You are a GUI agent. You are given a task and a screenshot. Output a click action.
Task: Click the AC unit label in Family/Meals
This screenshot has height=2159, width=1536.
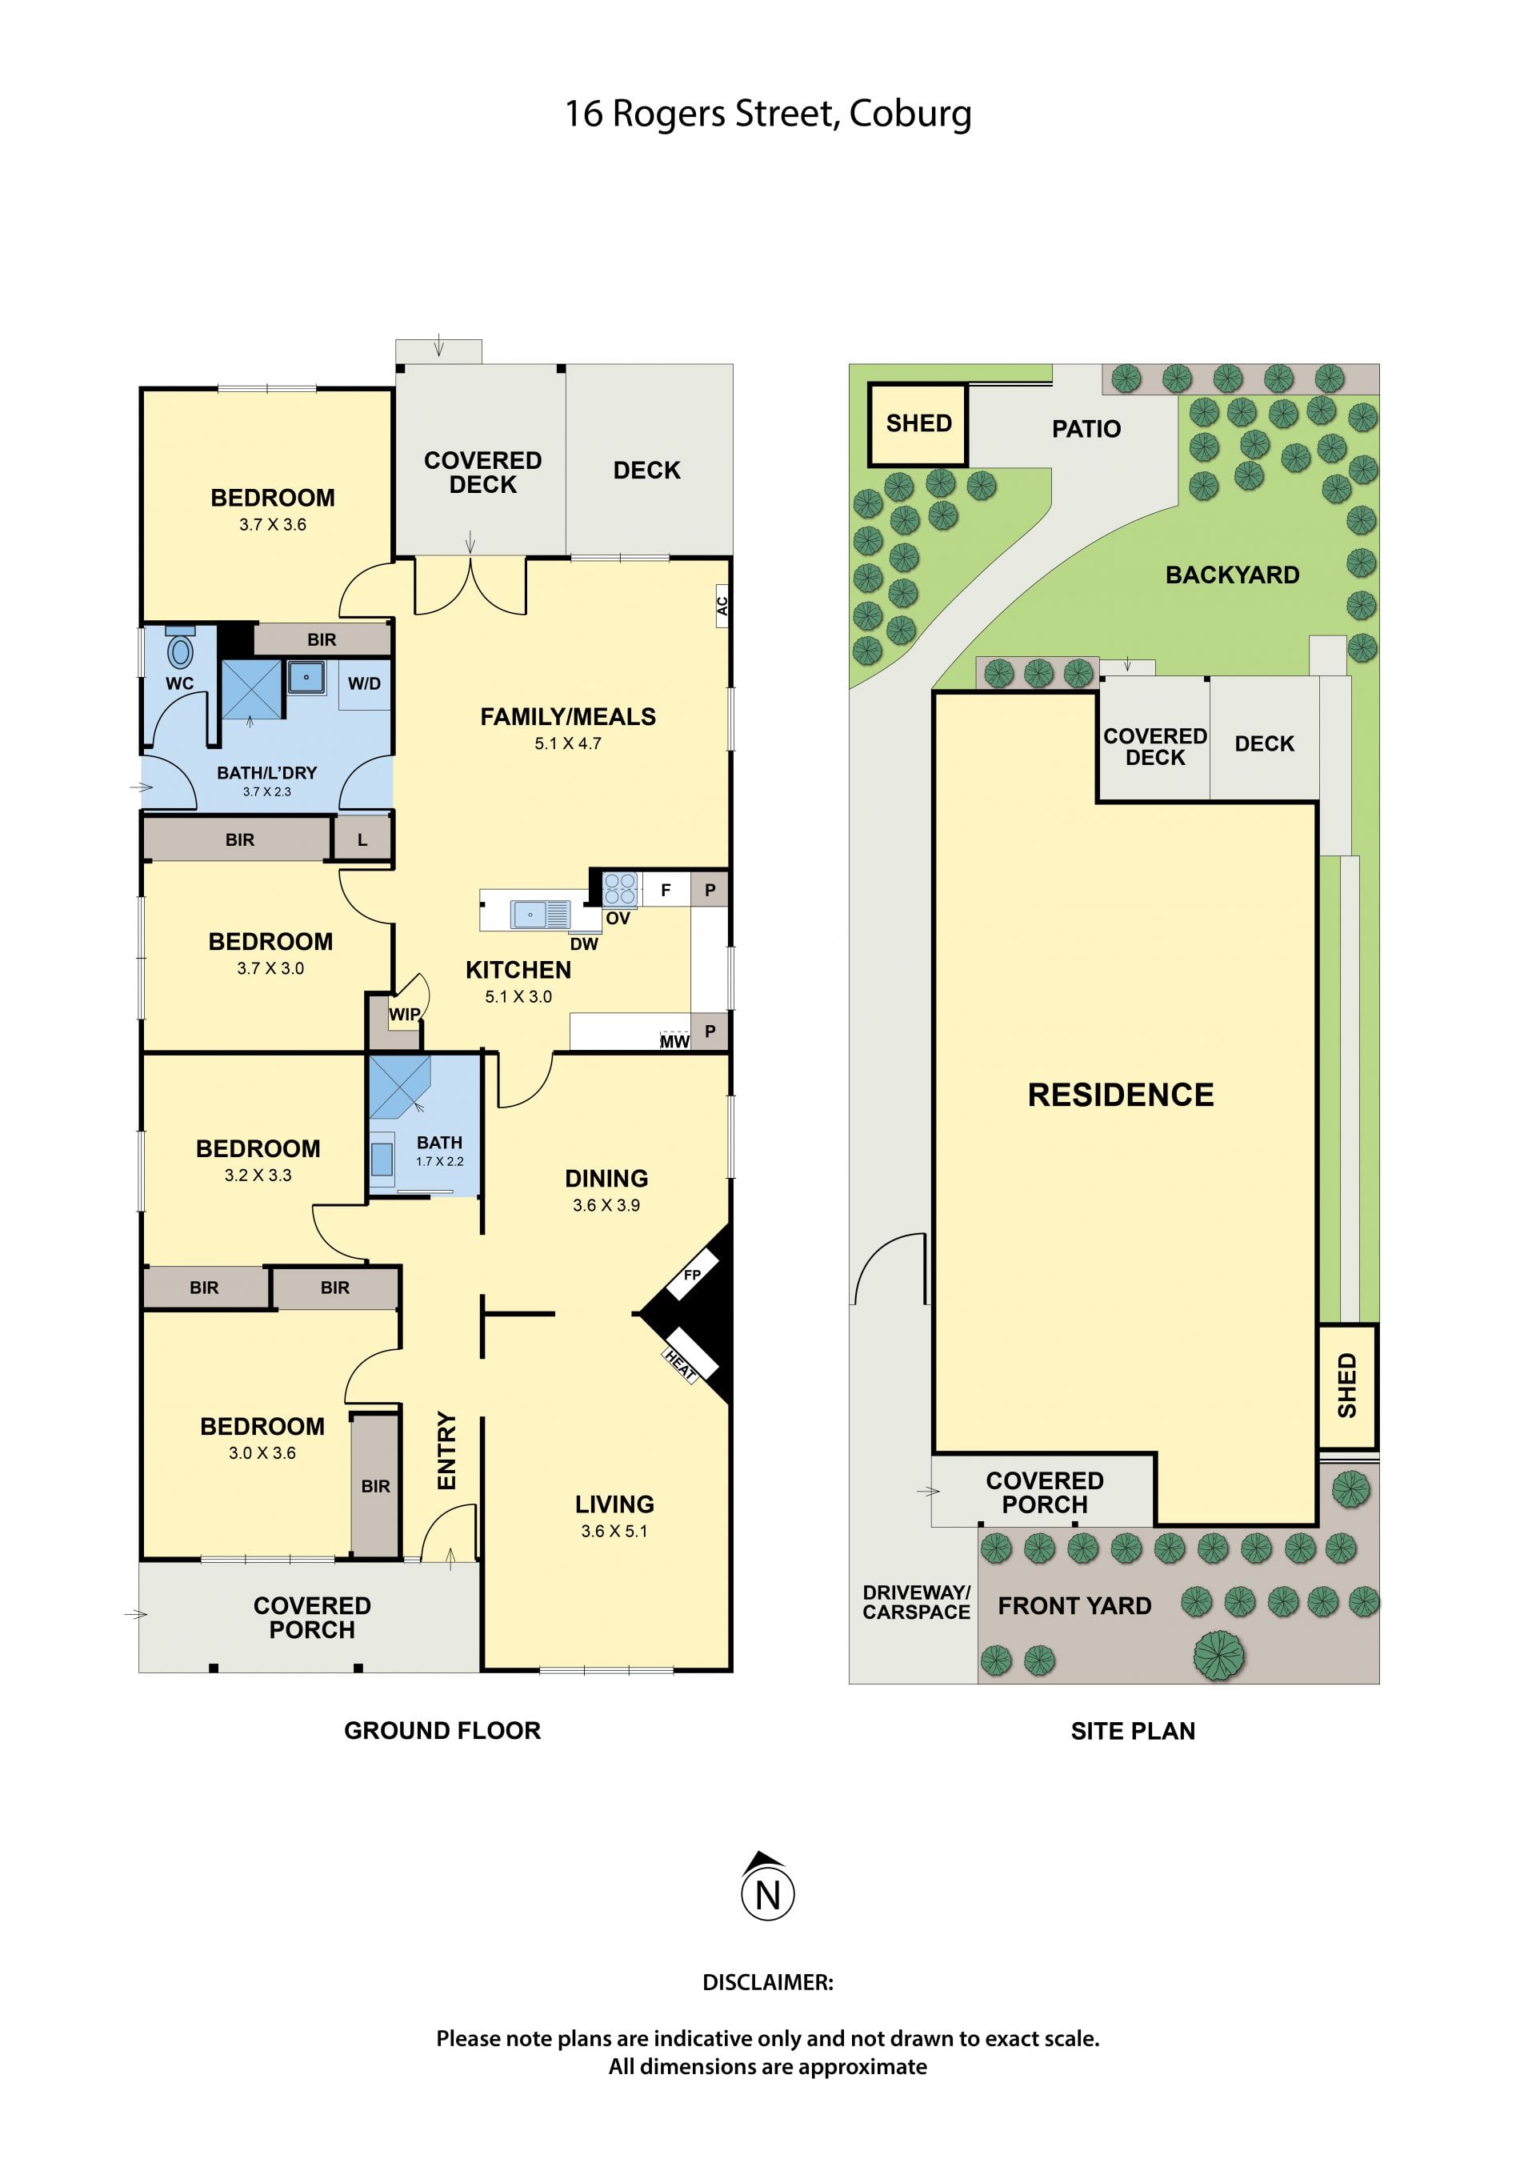click(x=722, y=606)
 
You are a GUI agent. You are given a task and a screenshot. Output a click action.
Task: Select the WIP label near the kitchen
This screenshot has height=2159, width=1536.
click(x=404, y=1014)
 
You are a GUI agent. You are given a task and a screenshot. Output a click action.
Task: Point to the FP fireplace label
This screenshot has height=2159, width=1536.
click(x=692, y=1276)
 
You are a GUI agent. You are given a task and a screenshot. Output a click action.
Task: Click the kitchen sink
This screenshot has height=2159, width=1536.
click(x=540, y=915)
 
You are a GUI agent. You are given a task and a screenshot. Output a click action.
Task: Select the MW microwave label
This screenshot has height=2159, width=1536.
click(x=674, y=1042)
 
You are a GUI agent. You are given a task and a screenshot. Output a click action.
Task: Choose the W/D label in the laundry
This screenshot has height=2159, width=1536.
click(x=364, y=683)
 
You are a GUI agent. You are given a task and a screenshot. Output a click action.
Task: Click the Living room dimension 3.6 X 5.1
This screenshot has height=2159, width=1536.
click(x=614, y=1531)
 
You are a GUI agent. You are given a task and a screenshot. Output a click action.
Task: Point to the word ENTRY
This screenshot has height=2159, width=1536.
click(x=446, y=1450)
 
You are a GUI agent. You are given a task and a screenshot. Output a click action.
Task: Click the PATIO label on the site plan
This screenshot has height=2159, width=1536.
click(x=1086, y=430)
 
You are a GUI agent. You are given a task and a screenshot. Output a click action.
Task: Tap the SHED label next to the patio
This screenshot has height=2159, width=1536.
click(x=918, y=423)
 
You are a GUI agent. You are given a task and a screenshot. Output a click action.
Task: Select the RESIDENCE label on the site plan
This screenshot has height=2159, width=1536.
click(x=1121, y=1095)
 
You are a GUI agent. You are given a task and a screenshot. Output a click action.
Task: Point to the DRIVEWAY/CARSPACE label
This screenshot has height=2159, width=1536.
click(x=917, y=1603)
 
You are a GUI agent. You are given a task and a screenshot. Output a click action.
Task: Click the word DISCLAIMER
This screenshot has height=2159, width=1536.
click(x=768, y=1982)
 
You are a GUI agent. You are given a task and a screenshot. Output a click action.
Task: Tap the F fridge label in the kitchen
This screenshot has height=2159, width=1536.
click(x=666, y=891)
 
